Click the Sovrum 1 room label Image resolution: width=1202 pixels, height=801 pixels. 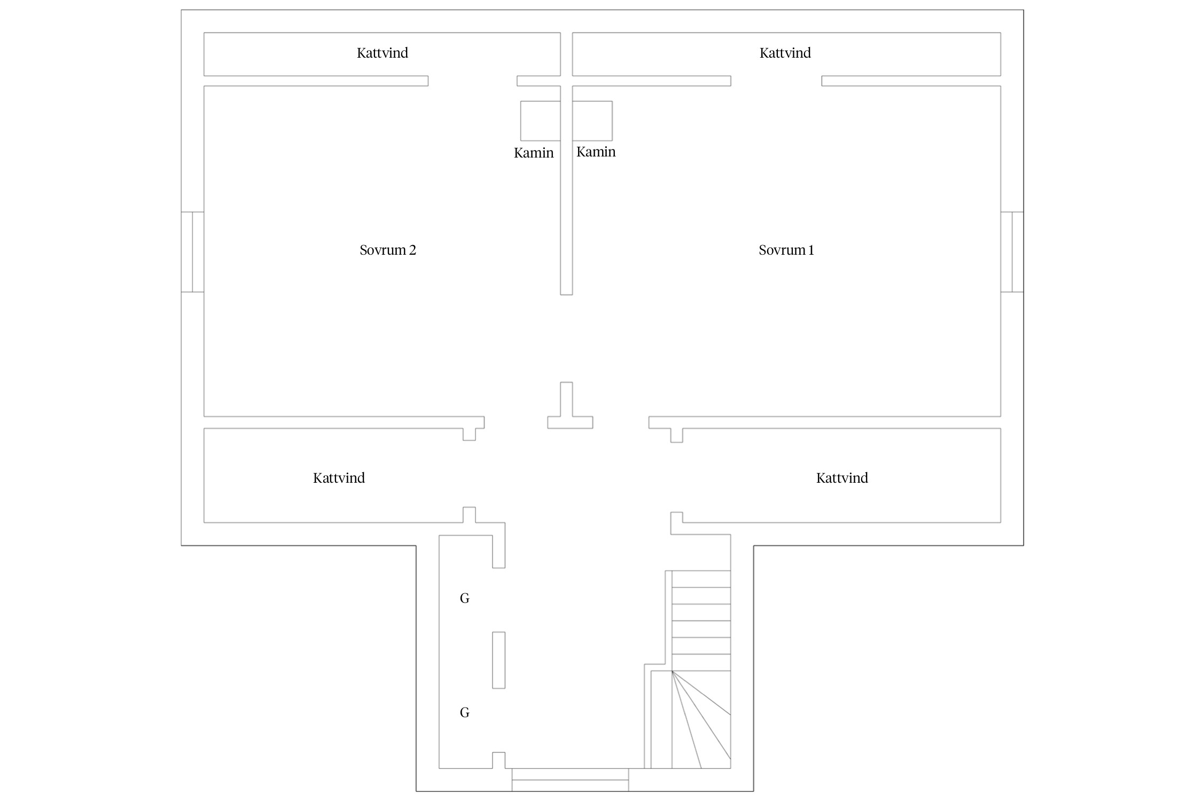click(786, 250)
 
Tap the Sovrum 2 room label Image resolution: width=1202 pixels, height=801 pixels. click(388, 250)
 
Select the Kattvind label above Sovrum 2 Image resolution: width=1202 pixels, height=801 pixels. click(383, 53)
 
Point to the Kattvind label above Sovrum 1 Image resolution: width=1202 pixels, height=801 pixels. click(785, 53)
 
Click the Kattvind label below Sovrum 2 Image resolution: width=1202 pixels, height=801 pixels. click(339, 478)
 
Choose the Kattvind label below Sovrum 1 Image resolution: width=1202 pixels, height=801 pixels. click(842, 478)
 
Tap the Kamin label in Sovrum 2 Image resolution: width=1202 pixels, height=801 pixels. click(534, 153)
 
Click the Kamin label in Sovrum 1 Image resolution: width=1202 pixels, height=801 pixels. click(596, 152)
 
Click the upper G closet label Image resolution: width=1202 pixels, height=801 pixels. click(465, 599)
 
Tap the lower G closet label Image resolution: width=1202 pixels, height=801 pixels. click(465, 713)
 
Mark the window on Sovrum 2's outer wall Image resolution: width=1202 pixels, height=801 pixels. click(193, 252)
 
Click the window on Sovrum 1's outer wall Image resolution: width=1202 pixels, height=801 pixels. click(1012, 252)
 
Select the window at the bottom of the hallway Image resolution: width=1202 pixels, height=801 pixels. click(570, 780)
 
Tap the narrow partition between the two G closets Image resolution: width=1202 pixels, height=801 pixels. click(498, 660)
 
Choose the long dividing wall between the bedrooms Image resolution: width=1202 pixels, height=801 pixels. click(566, 190)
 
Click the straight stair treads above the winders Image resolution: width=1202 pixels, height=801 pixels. click(701, 621)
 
